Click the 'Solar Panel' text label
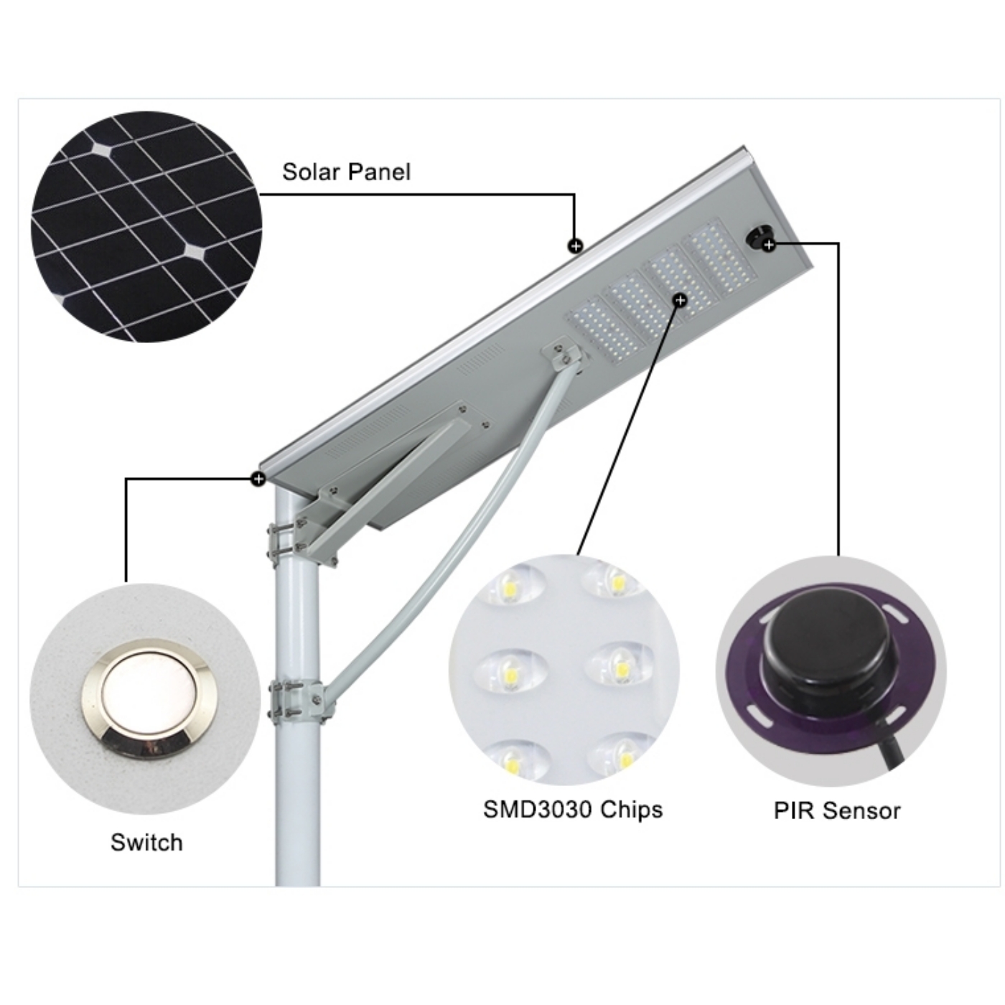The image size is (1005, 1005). tap(346, 172)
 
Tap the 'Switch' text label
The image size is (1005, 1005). tap(146, 842)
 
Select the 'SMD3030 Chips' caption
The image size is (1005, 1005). tap(573, 809)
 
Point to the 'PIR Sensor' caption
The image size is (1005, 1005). tap(837, 810)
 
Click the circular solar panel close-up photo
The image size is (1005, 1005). tap(146, 227)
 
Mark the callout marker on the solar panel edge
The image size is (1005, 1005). tap(575, 246)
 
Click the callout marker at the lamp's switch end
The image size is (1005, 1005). tap(258, 478)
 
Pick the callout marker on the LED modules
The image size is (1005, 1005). tap(680, 300)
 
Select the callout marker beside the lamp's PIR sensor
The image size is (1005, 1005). tap(769, 245)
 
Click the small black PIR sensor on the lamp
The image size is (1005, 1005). tap(759, 238)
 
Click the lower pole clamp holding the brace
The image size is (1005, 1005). tap(297, 701)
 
